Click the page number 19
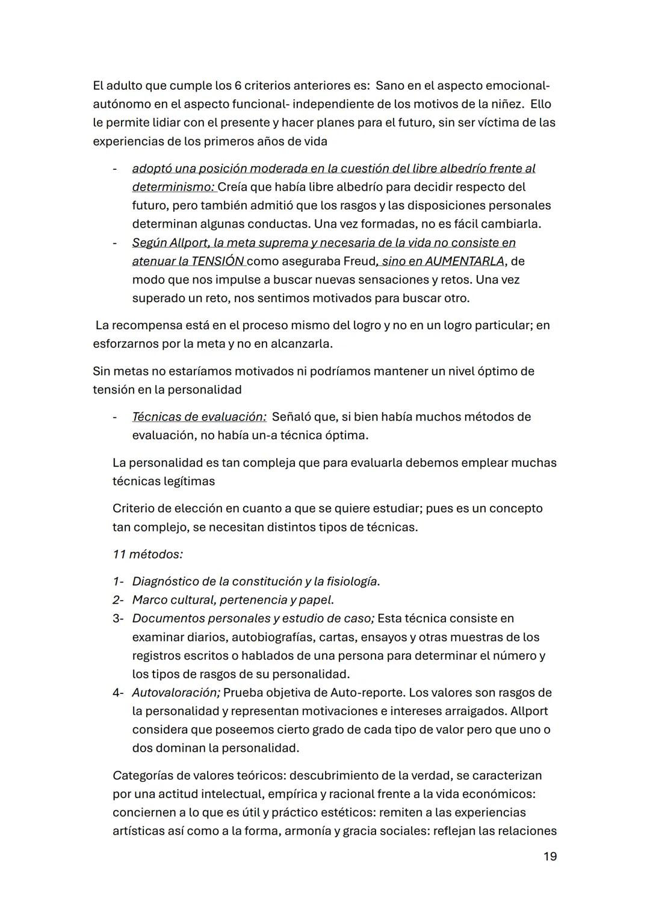549,856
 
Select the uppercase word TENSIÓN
218,261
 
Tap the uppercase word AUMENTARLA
464,261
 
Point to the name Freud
359,261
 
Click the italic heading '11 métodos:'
147,554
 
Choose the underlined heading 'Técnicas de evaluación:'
199,416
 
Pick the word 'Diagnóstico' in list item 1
165,581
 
